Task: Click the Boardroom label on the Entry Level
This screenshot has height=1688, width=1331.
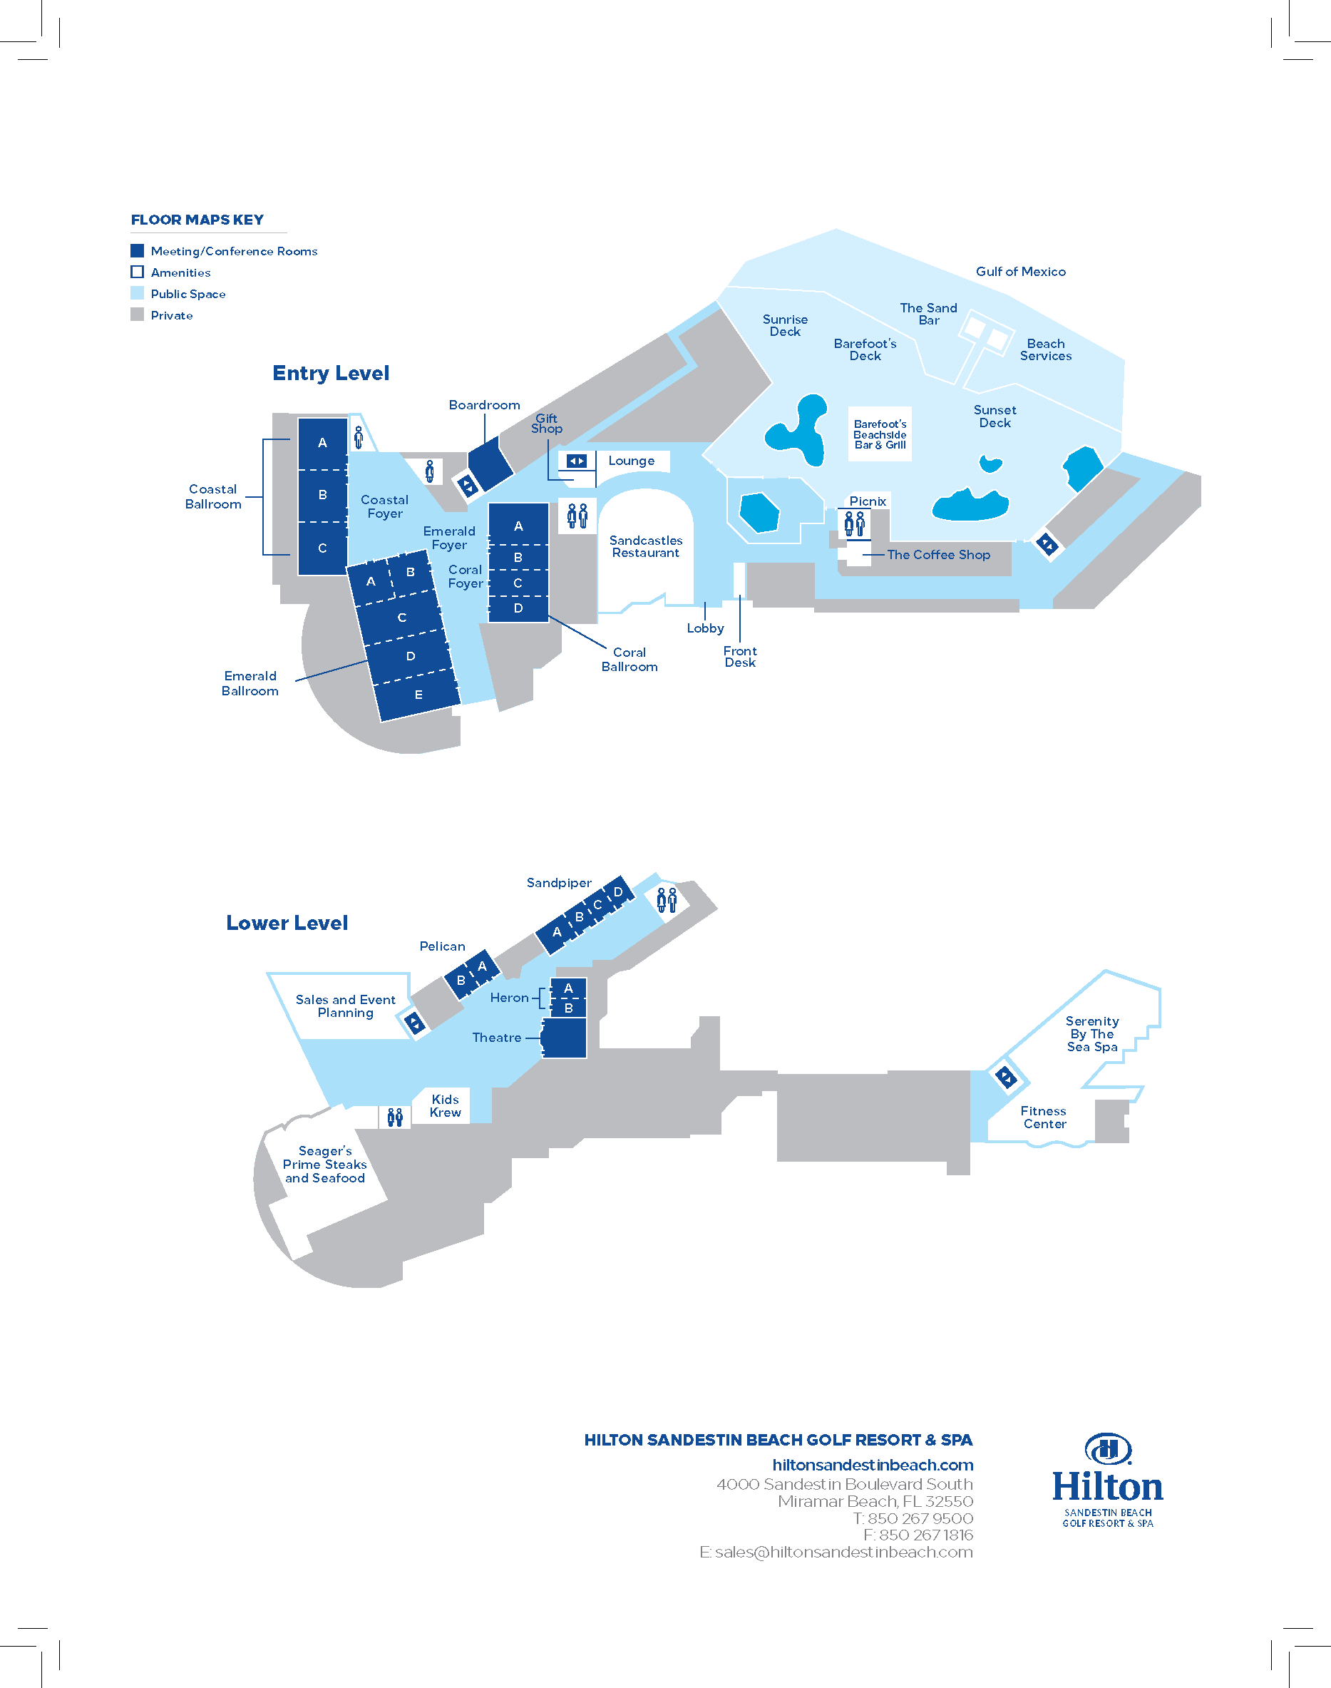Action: click(484, 405)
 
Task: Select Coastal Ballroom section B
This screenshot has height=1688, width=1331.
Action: click(323, 496)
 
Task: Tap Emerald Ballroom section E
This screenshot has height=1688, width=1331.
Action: click(418, 695)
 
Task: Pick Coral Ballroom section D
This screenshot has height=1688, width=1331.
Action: click(518, 608)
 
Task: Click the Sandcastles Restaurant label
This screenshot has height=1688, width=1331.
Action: click(646, 546)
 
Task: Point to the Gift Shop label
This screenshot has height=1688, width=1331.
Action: click(546, 423)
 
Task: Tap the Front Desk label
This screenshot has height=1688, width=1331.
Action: click(739, 656)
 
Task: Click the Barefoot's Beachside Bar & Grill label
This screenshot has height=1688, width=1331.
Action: click(880, 435)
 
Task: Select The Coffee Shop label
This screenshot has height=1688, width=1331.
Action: click(938, 555)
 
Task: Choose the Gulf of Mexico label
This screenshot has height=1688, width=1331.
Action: click(1021, 271)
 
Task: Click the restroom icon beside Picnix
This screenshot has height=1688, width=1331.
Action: click(855, 523)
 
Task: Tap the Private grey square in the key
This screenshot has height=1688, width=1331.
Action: click(137, 314)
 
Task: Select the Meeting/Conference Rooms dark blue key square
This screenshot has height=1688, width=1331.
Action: click(137, 250)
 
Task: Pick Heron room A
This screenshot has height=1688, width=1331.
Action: click(568, 988)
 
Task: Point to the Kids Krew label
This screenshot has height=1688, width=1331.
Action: click(445, 1106)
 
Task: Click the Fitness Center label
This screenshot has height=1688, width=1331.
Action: click(1044, 1117)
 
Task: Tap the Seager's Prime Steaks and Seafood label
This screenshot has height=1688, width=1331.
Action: click(325, 1165)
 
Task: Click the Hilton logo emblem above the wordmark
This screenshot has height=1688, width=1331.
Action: click(1107, 1449)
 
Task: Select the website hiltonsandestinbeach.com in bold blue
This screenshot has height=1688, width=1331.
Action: click(873, 1465)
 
